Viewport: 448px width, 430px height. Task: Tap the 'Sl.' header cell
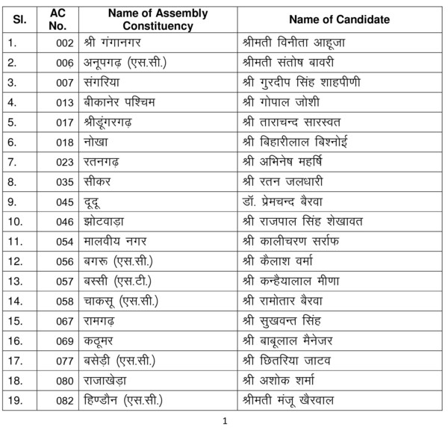tap(20, 20)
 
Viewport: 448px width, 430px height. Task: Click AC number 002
tap(64, 43)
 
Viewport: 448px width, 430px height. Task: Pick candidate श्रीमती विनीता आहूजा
tap(296, 43)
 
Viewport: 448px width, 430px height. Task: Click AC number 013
tap(64, 102)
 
